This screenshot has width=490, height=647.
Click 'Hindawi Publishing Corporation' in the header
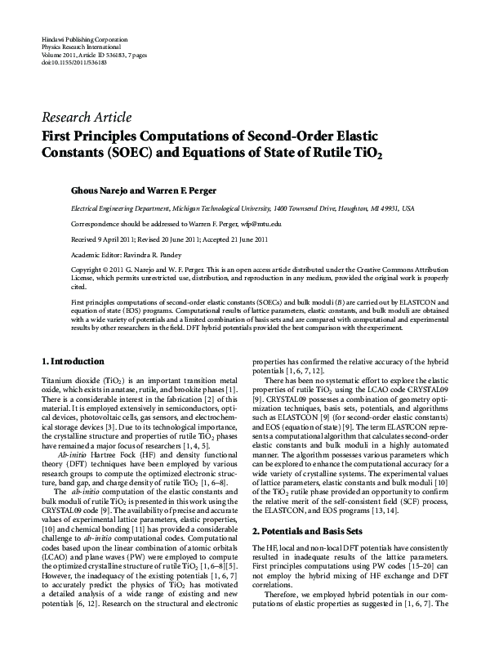[x=82, y=40]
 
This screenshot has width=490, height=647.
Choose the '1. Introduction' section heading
[x=73, y=361]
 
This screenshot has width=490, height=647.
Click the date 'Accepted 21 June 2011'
[x=242, y=238]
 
